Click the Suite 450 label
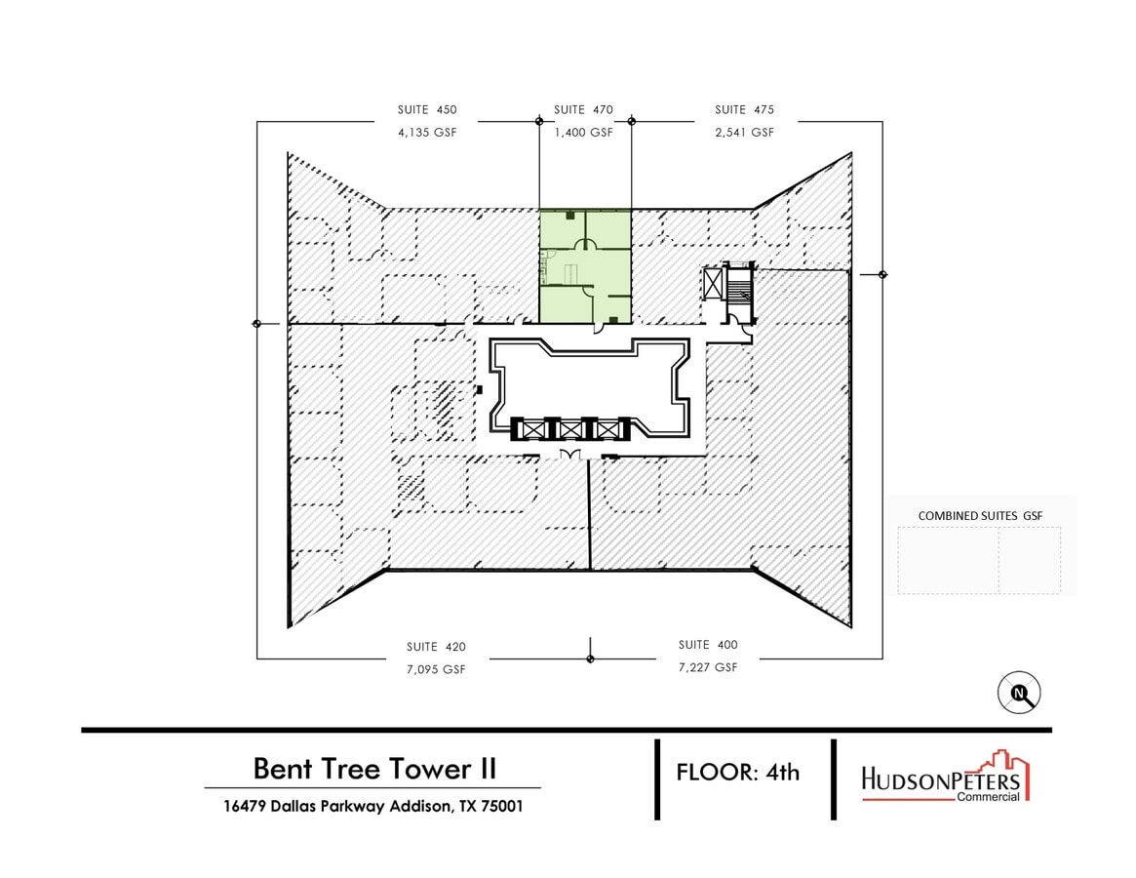coord(426,110)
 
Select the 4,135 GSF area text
coord(426,133)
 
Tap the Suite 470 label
coord(583,110)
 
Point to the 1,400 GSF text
coord(583,133)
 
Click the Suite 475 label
coord(744,110)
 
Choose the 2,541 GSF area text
coord(744,133)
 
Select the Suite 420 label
coord(436,646)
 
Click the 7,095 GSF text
coord(436,669)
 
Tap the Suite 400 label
coord(708,645)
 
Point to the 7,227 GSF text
coord(708,667)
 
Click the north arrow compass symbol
coord(1021,694)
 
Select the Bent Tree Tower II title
coord(374,768)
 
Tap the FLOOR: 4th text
coord(738,773)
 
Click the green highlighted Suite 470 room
coord(585,265)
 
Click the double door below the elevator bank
coord(570,456)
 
